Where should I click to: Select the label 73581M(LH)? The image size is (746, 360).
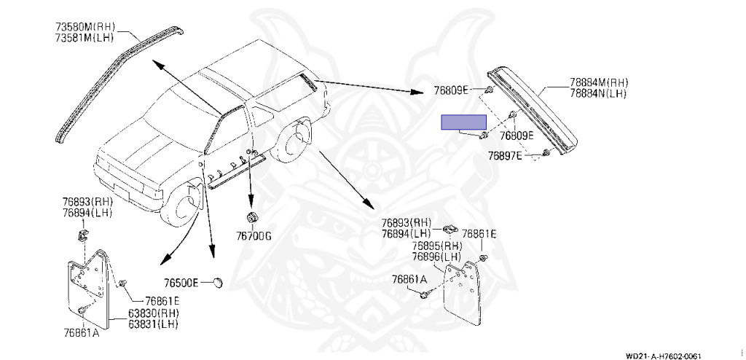click(85, 39)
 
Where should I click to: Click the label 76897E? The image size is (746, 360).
click(505, 155)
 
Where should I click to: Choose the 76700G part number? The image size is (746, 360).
click(253, 236)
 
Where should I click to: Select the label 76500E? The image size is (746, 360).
click(181, 283)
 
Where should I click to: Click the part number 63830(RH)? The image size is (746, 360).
click(154, 313)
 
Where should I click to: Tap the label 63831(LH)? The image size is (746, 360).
click(154, 323)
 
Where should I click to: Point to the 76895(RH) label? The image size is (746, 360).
click(436, 246)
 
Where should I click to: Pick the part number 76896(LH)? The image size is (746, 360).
click(436, 257)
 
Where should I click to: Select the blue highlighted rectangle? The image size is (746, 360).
click(463, 122)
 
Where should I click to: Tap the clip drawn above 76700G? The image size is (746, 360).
click(252, 218)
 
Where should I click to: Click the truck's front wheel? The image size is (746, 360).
click(182, 206)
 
